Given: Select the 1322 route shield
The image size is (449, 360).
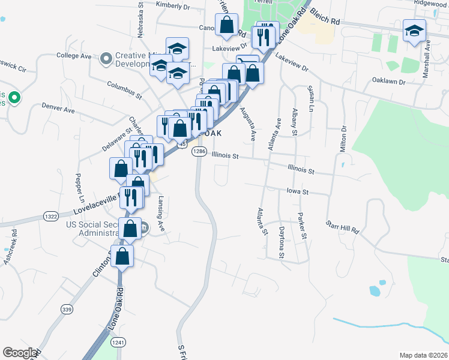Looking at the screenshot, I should [x=50, y=216].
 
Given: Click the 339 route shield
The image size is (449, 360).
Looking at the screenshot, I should [x=67, y=308].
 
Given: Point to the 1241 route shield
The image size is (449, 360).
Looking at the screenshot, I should [x=118, y=342].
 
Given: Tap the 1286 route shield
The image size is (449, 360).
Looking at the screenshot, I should [x=199, y=152].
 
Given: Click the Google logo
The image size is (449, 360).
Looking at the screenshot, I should [x=20, y=353].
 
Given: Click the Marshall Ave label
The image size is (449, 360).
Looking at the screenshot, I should [x=427, y=54].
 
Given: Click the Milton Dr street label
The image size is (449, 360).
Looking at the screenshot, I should [x=343, y=139].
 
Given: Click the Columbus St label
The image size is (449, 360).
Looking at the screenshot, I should [x=124, y=91].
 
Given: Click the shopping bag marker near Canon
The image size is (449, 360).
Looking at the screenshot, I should [x=227, y=25].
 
